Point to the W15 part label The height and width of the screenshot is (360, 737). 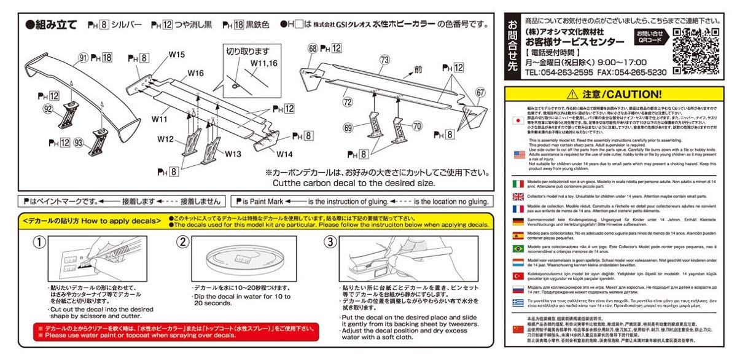[177, 55]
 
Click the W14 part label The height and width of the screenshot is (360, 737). [284, 153]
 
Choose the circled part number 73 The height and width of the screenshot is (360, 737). [384, 60]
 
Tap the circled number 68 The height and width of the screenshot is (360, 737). [313, 47]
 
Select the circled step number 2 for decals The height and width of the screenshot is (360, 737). [182, 241]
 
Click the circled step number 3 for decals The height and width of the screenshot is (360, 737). [330, 241]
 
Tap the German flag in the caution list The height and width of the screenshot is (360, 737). [518, 222]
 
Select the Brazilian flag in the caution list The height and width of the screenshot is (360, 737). [518, 248]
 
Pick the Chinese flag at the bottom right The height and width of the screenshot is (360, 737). [518, 332]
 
